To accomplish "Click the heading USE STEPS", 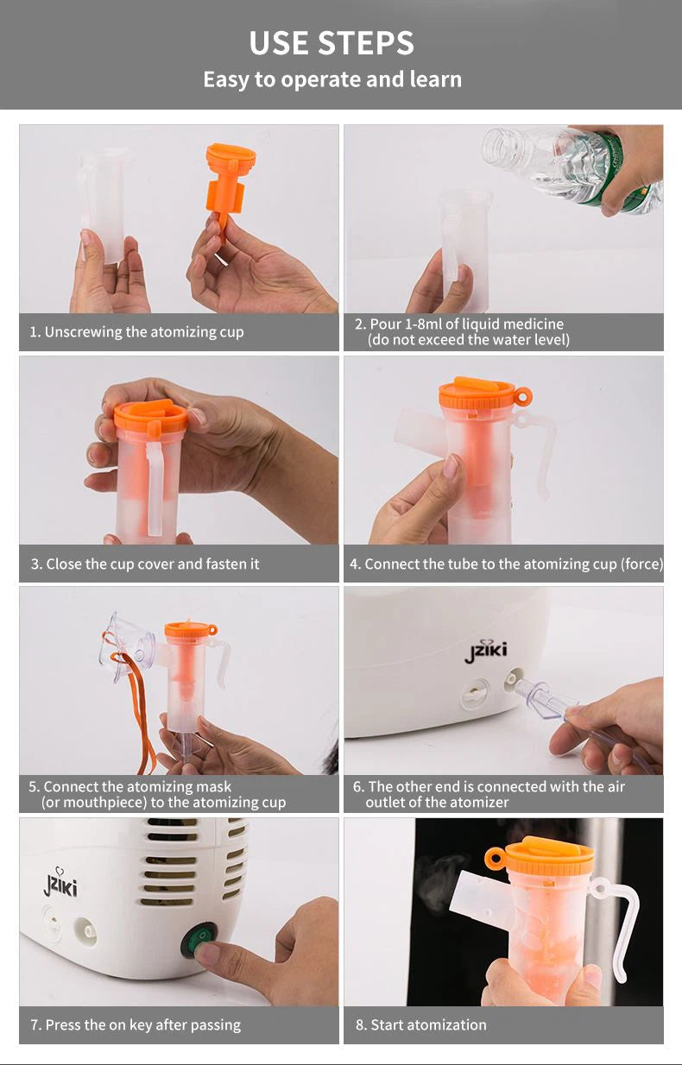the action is click(x=332, y=43).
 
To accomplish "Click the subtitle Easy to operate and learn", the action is click(x=332, y=79).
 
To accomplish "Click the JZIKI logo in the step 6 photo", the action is click(x=485, y=651).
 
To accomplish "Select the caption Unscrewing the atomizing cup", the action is click(x=136, y=332).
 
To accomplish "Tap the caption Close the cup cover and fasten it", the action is click(x=145, y=564).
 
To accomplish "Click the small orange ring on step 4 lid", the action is click(x=522, y=395).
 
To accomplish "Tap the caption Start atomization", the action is click(x=421, y=1024).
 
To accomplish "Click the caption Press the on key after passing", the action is click(x=136, y=1025).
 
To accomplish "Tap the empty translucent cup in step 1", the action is click(x=104, y=205).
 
